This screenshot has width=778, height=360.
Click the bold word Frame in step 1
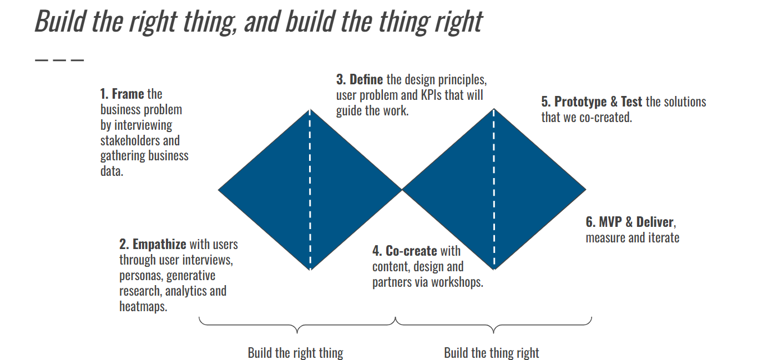click(128, 94)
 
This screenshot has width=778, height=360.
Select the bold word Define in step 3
click(366, 79)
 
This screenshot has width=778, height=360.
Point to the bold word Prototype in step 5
click(581, 102)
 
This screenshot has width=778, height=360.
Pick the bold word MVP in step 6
click(610, 222)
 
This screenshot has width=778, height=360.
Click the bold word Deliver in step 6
click(655, 222)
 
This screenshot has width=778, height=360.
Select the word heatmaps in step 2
click(143, 306)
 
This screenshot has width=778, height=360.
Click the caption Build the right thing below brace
click(295, 353)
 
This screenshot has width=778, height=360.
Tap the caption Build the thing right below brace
click(492, 353)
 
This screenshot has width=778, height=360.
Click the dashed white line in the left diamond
click(310, 189)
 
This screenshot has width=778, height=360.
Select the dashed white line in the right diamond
click(494, 189)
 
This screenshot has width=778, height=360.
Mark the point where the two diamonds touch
click(402, 190)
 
